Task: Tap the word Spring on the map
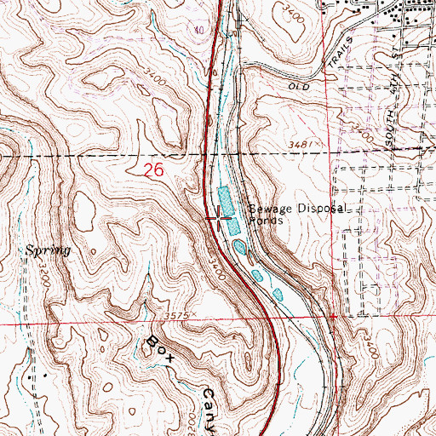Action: click(x=47, y=251)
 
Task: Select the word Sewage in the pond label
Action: click(x=266, y=208)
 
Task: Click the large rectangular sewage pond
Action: click(x=226, y=201)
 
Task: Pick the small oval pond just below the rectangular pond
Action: click(x=238, y=247)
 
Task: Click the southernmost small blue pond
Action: click(x=277, y=295)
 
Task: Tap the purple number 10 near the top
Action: click(x=200, y=30)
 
